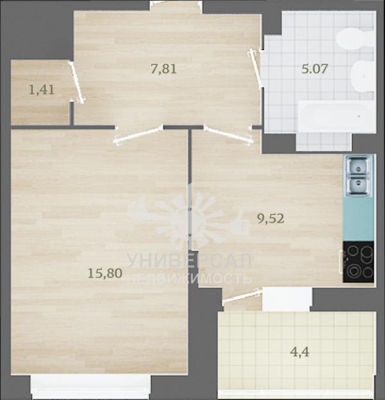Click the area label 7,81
click(164, 69)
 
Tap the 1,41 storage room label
click(42, 90)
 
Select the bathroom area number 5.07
click(314, 69)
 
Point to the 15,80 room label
click(105, 273)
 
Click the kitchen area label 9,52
click(271, 219)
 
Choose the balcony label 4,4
click(300, 353)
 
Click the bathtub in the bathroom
click(336, 116)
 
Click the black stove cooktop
click(358, 262)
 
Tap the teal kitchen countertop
click(359, 219)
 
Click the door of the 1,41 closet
click(76, 82)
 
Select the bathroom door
click(255, 68)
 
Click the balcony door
click(241, 297)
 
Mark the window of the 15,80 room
click(90, 387)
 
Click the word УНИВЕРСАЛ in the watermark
click(189, 261)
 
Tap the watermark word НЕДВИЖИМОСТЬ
click(189, 279)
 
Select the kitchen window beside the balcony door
click(287, 299)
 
